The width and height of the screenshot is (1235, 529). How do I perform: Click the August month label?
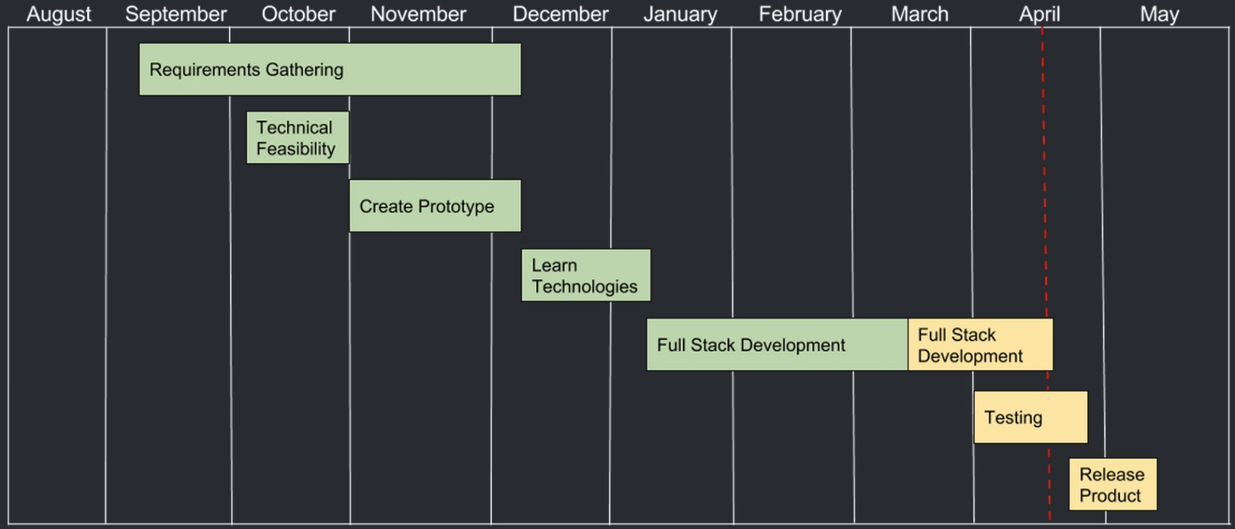point(59,14)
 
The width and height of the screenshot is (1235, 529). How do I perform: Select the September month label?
point(176,14)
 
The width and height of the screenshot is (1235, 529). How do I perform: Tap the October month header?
point(299,14)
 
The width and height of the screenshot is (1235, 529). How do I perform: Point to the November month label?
point(419,14)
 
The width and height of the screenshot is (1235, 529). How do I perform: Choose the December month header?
point(561,14)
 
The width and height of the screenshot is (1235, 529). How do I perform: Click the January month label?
point(681,14)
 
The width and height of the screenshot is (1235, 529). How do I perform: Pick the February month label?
point(800,14)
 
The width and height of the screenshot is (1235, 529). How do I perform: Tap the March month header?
point(920,14)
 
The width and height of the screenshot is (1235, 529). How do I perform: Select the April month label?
point(1040,14)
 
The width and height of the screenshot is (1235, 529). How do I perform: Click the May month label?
point(1160,14)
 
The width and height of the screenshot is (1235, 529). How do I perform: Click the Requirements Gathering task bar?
point(330,69)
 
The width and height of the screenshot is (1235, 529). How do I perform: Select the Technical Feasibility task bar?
point(297,138)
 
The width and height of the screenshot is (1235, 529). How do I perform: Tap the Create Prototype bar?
point(435,206)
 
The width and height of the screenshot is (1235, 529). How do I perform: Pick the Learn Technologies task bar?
point(586,275)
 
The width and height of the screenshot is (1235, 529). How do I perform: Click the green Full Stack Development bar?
point(777,345)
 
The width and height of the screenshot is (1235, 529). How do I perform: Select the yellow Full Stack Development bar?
point(980,345)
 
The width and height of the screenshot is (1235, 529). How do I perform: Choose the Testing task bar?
point(1031,417)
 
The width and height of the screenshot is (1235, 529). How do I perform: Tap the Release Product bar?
point(1113,484)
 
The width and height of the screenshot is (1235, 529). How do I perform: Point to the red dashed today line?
point(1045,274)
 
